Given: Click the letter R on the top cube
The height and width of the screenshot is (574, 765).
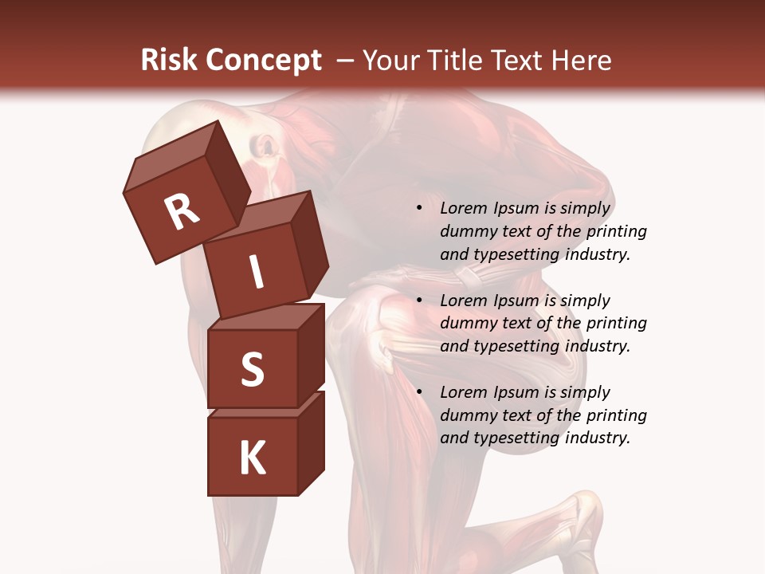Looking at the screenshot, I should click(182, 211).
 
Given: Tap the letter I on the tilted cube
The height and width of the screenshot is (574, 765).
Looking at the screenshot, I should click(257, 272).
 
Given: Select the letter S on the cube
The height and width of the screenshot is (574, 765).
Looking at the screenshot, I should click(252, 368).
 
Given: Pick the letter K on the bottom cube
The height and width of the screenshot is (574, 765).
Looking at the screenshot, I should click(252, 458).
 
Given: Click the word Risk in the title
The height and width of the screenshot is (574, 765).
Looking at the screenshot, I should click(169, 61).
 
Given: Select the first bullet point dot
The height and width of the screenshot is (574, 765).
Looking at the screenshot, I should click(419, 209).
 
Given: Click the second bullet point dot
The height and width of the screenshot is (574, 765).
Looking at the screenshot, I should click(419, 301).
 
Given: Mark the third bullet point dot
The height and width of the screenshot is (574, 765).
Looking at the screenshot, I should click(419, 392).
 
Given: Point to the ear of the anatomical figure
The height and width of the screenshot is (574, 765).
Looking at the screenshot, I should click(265, 146).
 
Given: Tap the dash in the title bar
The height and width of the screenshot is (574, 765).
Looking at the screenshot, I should click(346, 61).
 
